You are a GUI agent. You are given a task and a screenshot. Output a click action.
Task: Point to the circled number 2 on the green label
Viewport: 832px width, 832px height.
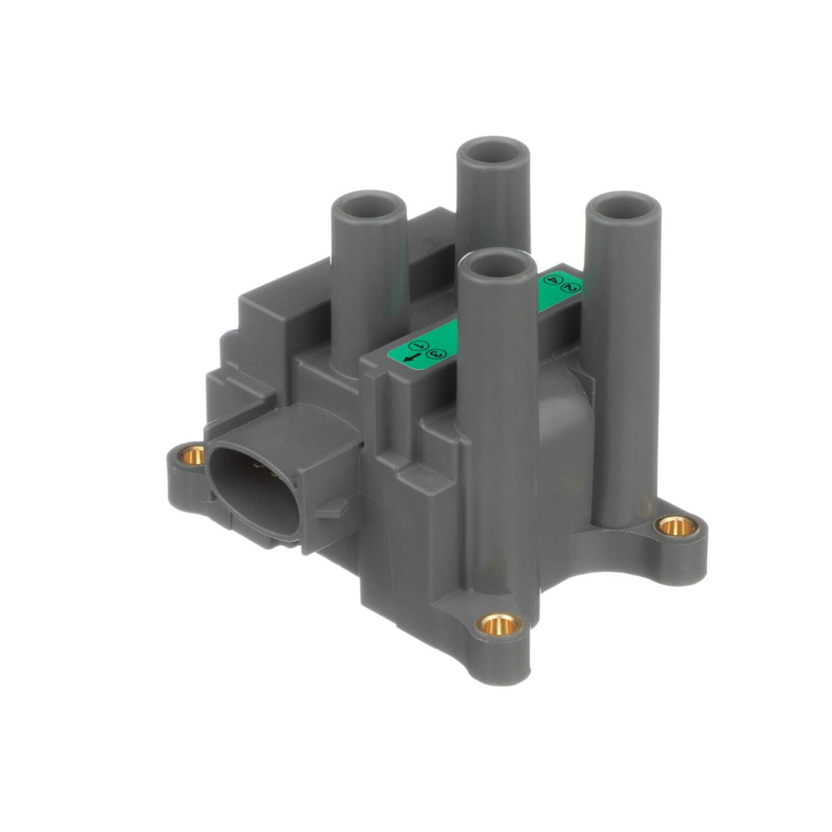[569, 287]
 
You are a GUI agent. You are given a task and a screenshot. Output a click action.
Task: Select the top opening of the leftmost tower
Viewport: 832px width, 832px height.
[368, 206]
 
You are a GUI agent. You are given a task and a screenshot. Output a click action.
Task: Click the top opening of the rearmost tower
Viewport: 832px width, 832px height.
[493, 152]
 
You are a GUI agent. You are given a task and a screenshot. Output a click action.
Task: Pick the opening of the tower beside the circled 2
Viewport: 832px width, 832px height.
[622, 208]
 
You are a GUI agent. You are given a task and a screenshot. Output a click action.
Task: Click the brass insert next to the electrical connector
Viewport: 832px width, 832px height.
[193, 455]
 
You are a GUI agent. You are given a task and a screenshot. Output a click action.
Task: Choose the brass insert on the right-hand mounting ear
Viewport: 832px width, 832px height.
[676, 526]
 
